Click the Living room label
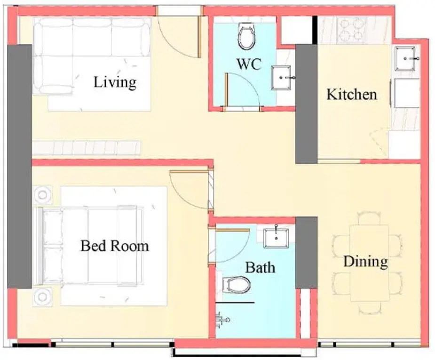(115, 82)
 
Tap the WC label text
(249, 64)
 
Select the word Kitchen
(351, 95)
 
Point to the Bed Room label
(115, 246)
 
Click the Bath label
(260, 268)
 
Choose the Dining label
(366, 262)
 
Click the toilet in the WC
(246, 36)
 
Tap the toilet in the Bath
(237, 285)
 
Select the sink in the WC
(281, 78)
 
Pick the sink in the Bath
(276, 238)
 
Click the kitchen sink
(405, 59)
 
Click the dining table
(369, 263)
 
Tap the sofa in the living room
(92, 56)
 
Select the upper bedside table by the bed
(42, 195)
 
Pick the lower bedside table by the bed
(42, 297)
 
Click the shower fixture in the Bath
(223, 320)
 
